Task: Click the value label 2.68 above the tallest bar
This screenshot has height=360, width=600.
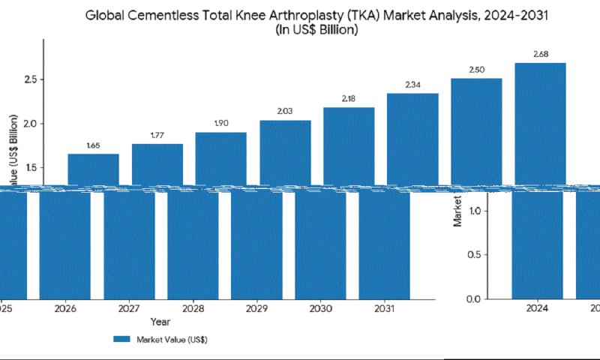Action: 540,53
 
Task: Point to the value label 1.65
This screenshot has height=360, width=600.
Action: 93,145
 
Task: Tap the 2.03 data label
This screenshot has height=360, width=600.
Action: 285,111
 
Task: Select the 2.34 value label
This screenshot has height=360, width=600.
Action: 412,85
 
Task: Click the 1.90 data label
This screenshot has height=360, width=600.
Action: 220,123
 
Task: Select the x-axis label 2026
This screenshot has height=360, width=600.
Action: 66,308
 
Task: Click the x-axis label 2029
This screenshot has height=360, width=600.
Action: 257,308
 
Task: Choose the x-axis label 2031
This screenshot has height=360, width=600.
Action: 385,308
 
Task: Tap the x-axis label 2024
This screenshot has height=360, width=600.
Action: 538,308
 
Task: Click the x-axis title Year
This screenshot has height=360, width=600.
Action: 159,322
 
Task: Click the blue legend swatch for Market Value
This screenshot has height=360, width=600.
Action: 121,340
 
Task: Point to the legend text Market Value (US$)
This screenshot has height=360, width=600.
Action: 172,340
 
